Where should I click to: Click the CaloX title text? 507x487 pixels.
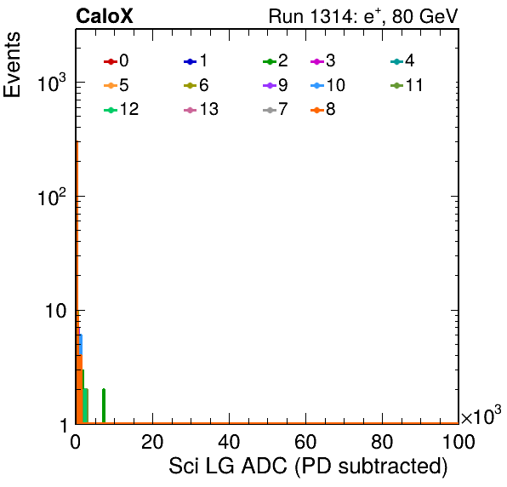(x=105, y=16)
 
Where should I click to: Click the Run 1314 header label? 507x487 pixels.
(x=363, y=16)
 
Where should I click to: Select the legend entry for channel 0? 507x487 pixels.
(x=116, y=60)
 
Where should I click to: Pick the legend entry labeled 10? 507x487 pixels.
(x=328, y=85)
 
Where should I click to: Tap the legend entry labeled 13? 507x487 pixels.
(x=201, y=109)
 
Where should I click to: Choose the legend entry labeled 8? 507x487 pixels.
(x=323, y=109)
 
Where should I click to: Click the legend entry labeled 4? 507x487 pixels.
(x=402, y=60)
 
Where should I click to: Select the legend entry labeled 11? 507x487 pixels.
(x=407, y=85)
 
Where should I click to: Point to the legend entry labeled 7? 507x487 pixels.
(x=276, y=109)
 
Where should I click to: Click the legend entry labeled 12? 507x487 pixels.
(x=122, y=109)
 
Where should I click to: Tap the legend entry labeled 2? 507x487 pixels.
(x=276, y=60)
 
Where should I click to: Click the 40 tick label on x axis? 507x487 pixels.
(x=229, y=442)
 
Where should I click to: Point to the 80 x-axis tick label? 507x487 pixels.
(x=382, y=442)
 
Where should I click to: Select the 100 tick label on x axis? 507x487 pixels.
(x=458, y=442)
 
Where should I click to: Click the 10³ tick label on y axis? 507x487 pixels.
(x=52, y=83)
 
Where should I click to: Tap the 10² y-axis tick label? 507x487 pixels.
(x=52, y=197)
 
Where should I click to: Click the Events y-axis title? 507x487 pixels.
(x=12, y=65)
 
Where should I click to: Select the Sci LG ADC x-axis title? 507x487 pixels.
(x=308, y=467)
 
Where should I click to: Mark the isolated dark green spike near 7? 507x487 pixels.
(x=104, y=406)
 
